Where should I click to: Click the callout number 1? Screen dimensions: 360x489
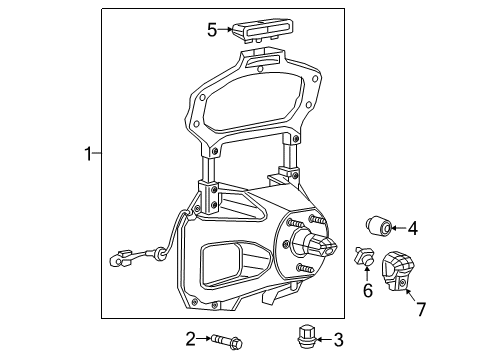(88, 154)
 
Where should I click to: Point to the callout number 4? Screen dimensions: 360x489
(412, 228)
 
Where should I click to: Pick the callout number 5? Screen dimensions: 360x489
(212, 30)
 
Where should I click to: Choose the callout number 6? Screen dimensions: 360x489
(367, 290)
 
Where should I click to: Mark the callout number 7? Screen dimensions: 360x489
(420, 309)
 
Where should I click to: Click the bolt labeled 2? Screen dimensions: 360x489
(226, 342)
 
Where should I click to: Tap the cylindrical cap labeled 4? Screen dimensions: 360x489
(378, 226)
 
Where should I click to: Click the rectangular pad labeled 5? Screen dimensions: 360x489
(266, 29)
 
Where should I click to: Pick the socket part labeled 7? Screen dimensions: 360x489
(398, 272)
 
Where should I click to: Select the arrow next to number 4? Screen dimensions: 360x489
(397, 228)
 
